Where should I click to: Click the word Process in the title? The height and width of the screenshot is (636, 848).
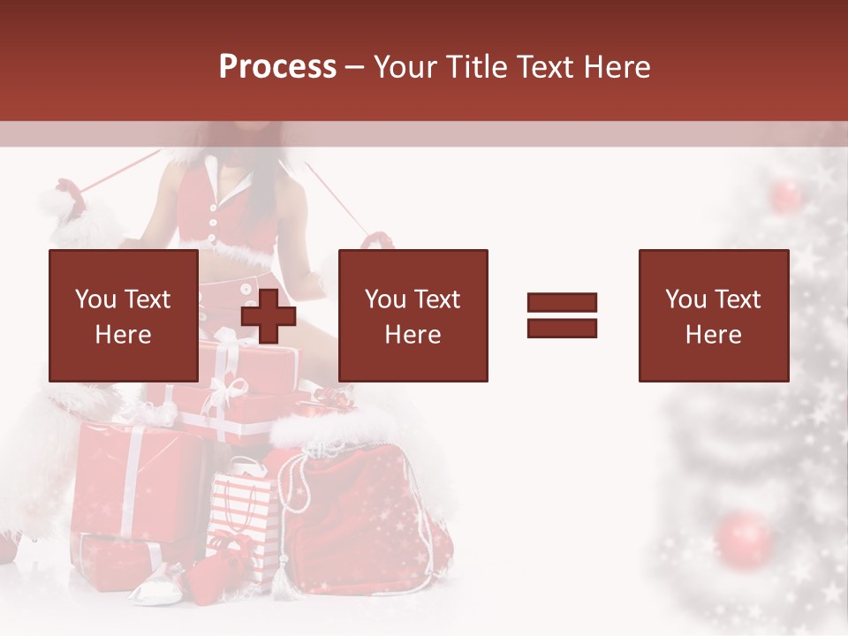277,67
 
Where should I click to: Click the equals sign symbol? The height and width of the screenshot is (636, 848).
562,315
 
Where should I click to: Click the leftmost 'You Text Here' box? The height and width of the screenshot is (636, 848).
123,315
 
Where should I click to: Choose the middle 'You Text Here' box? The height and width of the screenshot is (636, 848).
413,315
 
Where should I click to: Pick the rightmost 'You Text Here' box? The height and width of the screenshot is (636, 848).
713,315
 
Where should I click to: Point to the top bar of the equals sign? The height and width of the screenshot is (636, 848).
562,303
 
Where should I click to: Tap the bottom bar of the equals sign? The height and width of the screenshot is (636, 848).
562,328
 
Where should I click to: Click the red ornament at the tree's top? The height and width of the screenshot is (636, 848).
784,195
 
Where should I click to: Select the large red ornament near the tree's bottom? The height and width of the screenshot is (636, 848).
744,538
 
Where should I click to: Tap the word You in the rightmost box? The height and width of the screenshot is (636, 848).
685,299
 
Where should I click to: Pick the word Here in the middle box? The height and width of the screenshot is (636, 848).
413,335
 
